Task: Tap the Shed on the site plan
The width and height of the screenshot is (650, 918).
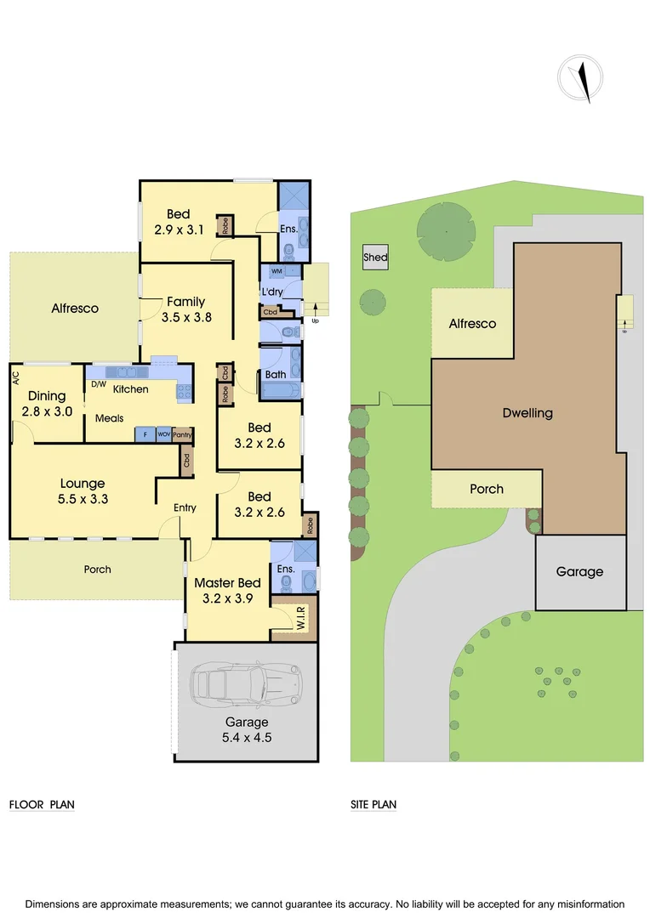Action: pos(375,258)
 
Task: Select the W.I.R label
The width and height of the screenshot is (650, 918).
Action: pos(301,623)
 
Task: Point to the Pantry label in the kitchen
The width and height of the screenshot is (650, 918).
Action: pos(182,434)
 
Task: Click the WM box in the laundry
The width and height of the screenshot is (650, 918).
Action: pos(277,271)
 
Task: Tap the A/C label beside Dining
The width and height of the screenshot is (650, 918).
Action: pos(16,377)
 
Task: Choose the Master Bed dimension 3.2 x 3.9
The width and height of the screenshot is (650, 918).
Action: pos(226,598)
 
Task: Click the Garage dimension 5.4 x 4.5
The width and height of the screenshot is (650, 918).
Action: pos(246,738)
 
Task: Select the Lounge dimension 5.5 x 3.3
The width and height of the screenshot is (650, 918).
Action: pos(83,499)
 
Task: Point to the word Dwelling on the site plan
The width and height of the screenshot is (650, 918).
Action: pos(527,413)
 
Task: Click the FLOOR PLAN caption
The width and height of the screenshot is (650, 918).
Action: pos(42,804)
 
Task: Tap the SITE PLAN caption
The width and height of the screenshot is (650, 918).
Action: pos(373,804)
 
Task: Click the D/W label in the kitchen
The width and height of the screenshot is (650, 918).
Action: pos(98,384)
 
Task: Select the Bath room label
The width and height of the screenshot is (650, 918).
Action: pos(276,374)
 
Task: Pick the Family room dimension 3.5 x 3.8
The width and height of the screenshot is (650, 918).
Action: pos(186,317)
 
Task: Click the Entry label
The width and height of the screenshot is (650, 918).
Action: pos(185,508)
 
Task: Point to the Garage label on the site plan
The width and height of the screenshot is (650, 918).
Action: pos(579,572)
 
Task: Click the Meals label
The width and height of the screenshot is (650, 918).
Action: pos(110,418)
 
